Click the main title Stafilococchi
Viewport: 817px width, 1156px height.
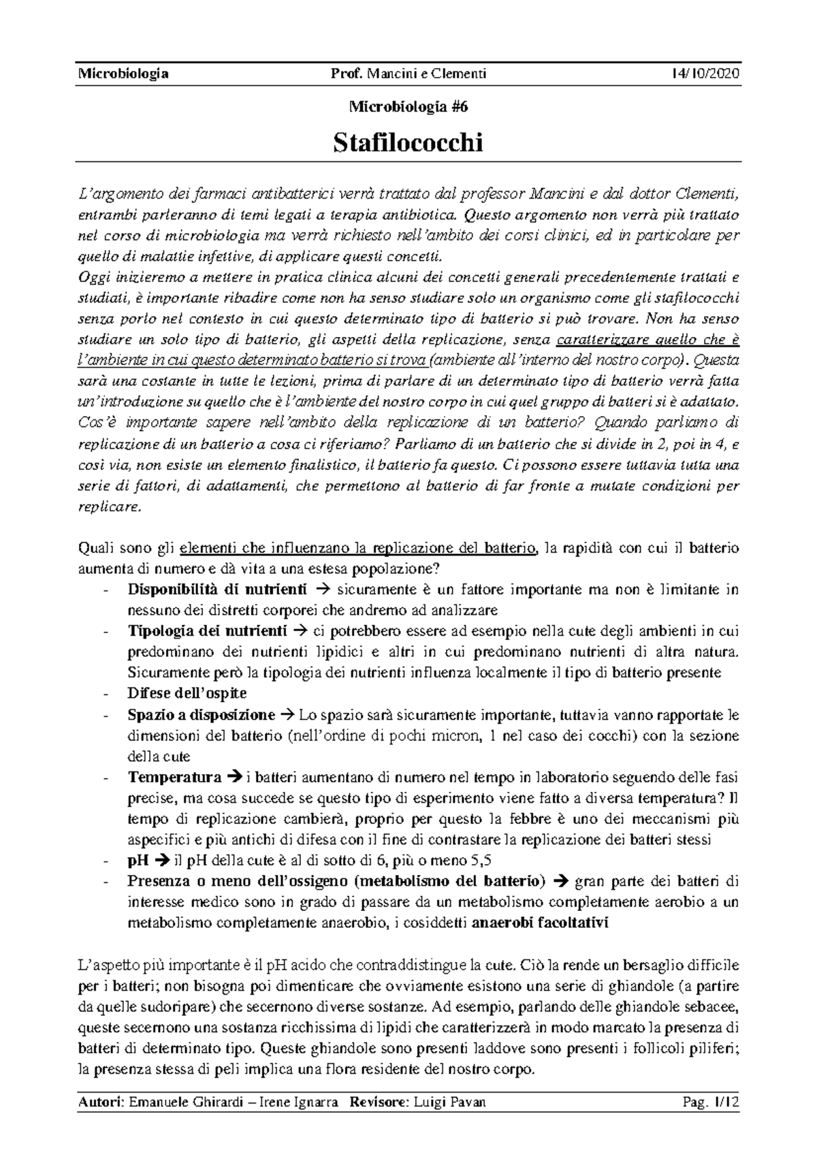pyautogui.click(x=408, y=143)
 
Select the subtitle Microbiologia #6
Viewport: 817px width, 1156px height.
pyautogui.click(x=408, y=107)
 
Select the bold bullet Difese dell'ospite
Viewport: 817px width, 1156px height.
pyautogui.click(x=187, y=693)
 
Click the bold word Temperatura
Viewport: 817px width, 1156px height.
pyautogui.click(x=174, y=777)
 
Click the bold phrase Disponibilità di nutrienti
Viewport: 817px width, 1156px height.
pyautogui.click(x=217, y=588)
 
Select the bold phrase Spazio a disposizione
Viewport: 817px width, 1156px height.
pyautogui.click(x=201, y=715)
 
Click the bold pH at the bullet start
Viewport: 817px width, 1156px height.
pyautogui.click(x=138, y=861)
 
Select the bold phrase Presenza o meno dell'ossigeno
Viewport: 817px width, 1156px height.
pyautogui.click(x=238, y=882)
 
